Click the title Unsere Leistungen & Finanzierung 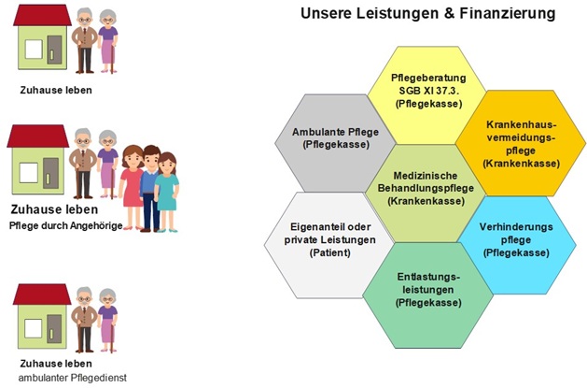click(428, 13)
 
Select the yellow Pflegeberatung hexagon click(426, 95)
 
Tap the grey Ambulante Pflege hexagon click(335, 143)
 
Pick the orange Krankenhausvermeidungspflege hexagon click(521, 143)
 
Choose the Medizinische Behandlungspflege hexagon click(426, 193)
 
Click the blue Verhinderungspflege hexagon click(517, 245)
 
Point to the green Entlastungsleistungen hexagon click(428, 295)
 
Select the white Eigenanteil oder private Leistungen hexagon click(329, 245)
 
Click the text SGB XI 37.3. click(429, 91)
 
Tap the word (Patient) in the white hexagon click(330, 252)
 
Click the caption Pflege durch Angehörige click(66, 225)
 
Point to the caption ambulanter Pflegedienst click(73, 378)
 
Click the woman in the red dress click(132, 187)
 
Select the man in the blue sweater click(151, 189)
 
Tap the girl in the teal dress click(167, 192)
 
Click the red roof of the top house click(42, 15)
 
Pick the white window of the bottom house click(34, 328)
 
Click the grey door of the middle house click(50, 173)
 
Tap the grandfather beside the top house click(85, 40)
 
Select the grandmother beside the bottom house click(108, 321)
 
